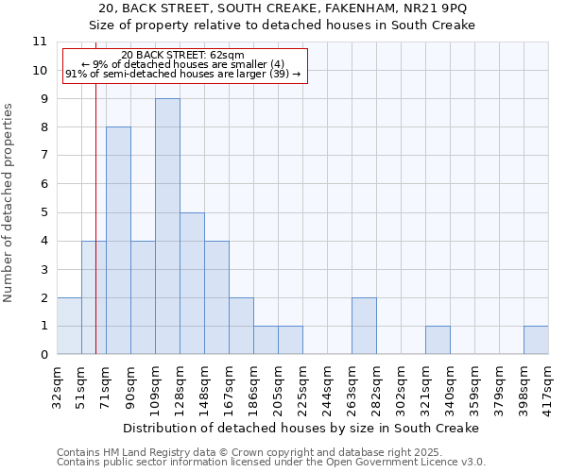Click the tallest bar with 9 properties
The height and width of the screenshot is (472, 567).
click(x=167, y=227)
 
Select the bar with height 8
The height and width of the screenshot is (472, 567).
click(x=118, y=241)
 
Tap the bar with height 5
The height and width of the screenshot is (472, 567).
click(x=192, y=283)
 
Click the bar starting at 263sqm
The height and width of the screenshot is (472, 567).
click(x=364, y=326)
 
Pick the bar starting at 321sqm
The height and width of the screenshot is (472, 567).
click(x=438, y=340)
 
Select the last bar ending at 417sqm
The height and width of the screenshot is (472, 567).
click(x=536, y=340)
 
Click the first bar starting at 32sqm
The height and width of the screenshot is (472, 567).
click(x=69, y=326)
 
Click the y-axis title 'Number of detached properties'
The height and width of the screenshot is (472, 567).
click(x=9, y=203)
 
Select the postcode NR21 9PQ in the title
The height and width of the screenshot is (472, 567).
click(x=440, y=8)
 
